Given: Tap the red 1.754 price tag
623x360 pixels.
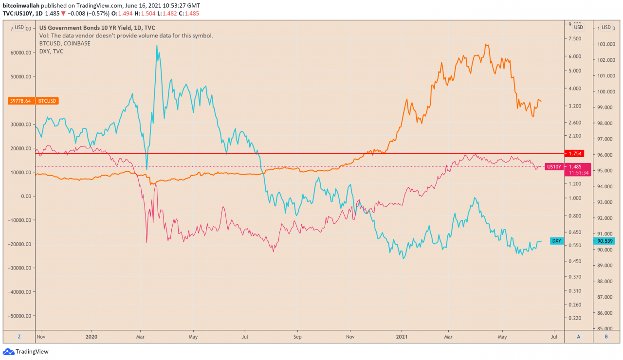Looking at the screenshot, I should [574, 154].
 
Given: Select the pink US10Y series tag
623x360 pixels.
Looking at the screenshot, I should [554, 166].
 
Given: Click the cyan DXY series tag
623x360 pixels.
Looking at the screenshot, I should [556, 241].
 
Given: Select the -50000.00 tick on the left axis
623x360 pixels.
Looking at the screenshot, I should [22, 316].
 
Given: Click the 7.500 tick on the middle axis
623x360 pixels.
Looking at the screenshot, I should [574, 39].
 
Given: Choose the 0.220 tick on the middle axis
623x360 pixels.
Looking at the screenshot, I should [574, 318].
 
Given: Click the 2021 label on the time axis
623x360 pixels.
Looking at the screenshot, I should [402, 336].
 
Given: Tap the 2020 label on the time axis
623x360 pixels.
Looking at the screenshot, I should [92, 336].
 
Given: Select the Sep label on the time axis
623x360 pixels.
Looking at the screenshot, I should [297, 336].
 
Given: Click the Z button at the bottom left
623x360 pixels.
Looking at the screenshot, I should [19, 336].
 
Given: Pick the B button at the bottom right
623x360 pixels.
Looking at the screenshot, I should [605, 336].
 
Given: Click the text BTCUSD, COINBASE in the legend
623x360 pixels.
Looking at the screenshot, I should [65, 43].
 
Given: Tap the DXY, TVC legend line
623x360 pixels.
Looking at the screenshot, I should [51, 51].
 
